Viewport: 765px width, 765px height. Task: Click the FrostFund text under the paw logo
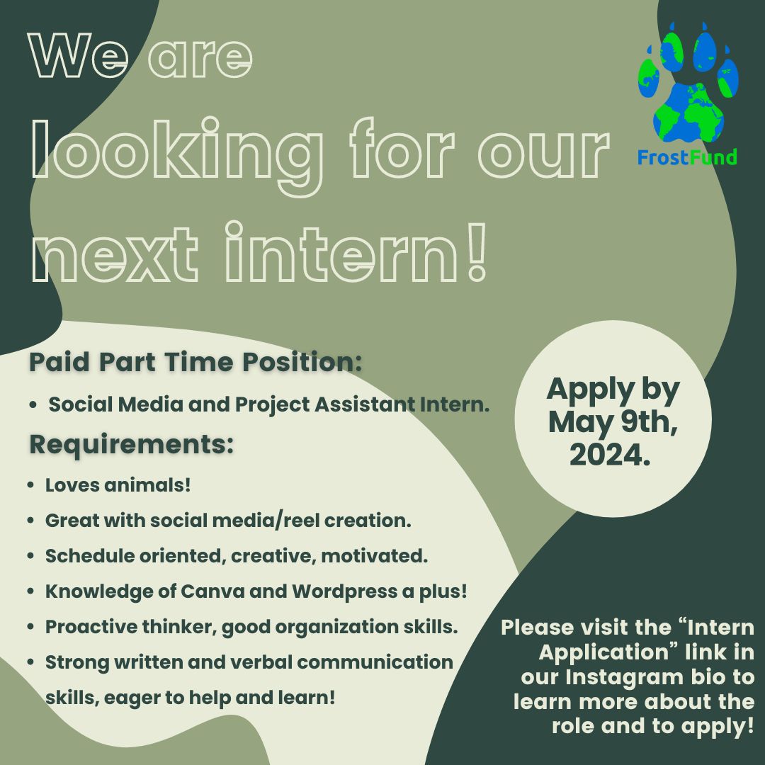(686, 157)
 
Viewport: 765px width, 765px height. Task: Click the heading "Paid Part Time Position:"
(195, 362)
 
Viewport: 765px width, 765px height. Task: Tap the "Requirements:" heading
(131, 444)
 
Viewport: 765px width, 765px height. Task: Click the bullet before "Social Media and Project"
(33, 405)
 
